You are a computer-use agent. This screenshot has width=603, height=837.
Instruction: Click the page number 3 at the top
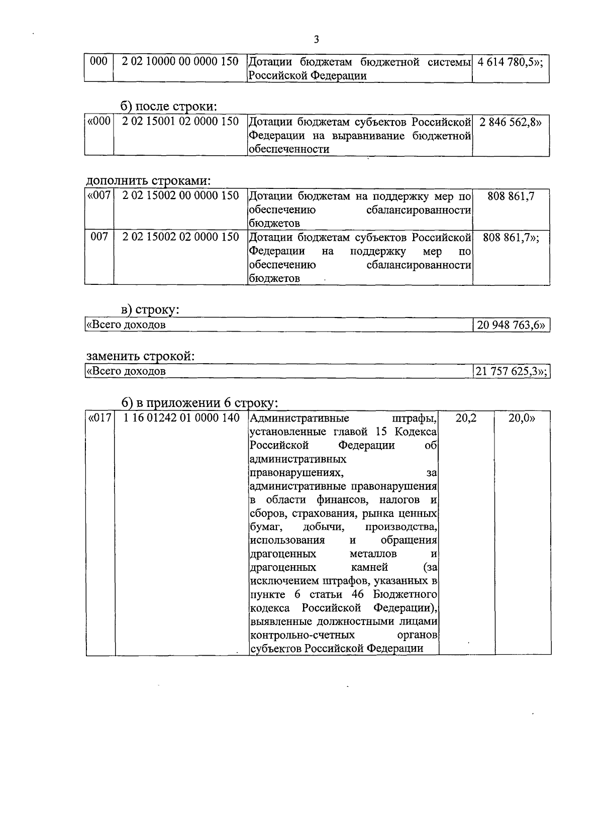[316, 40]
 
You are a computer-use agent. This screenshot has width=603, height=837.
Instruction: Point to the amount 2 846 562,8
[511, 122]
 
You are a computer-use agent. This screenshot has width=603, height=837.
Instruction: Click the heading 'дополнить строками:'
[148, 180]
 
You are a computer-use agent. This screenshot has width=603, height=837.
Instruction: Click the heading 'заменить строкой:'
[140, 356]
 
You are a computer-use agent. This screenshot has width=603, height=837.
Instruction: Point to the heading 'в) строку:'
[150, 310]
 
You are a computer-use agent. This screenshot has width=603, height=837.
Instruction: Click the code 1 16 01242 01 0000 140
[181, 418]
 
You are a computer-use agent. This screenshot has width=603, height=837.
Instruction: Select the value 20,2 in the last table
[466, 418]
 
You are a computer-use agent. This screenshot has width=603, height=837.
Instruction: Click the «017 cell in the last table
[99, 418]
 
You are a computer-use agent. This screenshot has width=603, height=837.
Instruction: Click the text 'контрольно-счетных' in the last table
[302, 636]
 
